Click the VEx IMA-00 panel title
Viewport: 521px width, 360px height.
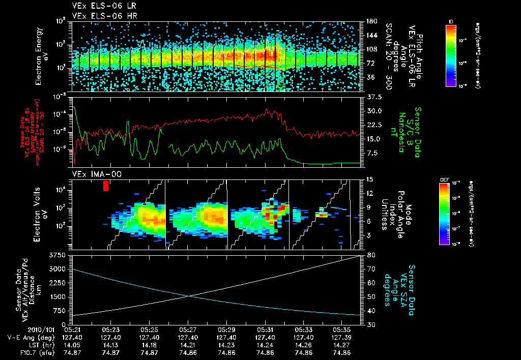92,174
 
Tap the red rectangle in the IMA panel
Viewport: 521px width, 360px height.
106,186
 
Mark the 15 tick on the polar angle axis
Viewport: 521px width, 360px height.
369,179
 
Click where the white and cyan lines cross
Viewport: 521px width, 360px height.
190,295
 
